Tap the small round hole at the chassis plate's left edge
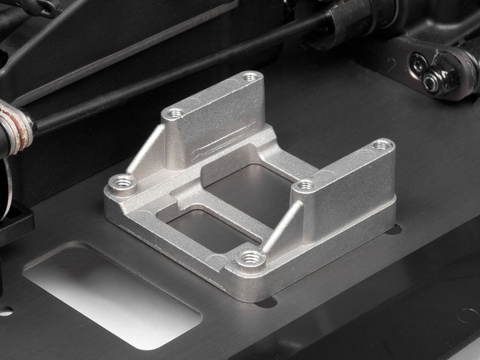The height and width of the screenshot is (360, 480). (x=5, y=310)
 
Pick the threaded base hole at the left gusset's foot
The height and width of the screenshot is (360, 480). (x=121, y=183)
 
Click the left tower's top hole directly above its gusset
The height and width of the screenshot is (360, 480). (x=175, y=114)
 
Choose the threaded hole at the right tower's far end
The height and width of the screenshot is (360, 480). (x=382, y=145)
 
